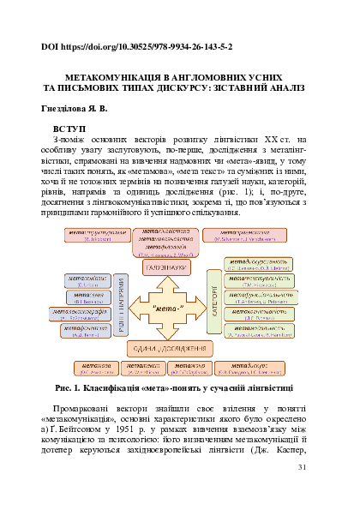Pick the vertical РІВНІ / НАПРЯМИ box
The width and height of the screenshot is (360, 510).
tap(122, 306)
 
